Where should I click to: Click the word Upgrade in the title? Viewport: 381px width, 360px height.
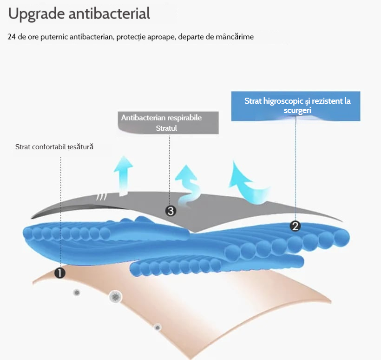[x=36, y=14]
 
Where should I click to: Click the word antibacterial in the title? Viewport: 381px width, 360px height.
[x=109, y=13]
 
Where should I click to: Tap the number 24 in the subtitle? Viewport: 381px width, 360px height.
[x=12, y=37]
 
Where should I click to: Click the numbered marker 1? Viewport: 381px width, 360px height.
[x=60, y=273]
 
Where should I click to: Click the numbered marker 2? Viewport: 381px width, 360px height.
[x=295, y=226]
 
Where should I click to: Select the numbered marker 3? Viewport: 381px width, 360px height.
[x=171, y=211]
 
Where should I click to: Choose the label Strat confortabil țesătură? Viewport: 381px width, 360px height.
[x=54, y=147]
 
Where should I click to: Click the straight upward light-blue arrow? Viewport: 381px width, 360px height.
[x=124, y=176]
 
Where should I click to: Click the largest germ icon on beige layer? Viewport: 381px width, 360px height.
[x=115, y=297]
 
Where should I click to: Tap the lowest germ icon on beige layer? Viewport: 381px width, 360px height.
[x=158, y=327]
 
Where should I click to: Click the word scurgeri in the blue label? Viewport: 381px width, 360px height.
[x=297, y=110]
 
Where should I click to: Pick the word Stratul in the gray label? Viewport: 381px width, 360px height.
[x=166, y=128]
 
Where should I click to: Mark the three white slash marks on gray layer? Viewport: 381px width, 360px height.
[x=102, y=197]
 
